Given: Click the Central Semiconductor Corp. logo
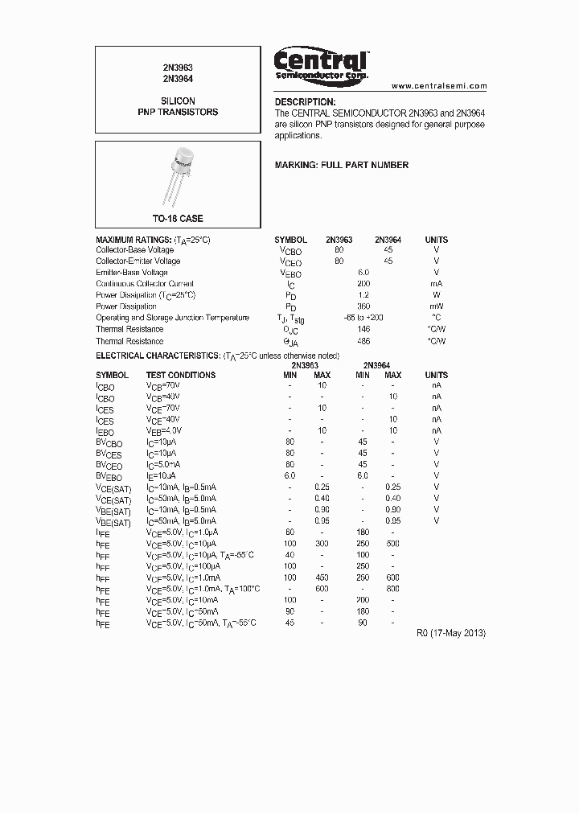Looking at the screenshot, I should (x=322, y=64).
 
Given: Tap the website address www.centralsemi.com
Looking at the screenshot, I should (x=439, y=85).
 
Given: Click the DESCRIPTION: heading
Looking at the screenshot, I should (x=305, y=102).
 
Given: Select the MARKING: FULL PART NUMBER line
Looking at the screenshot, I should (x=341, y=165).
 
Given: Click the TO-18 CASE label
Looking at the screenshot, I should (x=178, y=219).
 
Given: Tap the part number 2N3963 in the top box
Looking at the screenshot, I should (x=178, y=68).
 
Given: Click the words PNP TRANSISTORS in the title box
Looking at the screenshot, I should (x=178, y=113).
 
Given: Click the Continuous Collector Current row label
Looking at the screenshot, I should (x=145, y=284).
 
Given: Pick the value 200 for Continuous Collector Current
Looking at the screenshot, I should (x=363, y=284).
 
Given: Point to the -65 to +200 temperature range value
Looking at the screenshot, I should (x=363, y=318).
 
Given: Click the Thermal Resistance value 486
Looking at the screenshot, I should (x=363, y=341).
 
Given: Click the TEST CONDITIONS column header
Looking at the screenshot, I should (x=180, y=375).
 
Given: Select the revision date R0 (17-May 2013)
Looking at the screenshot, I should (x=450, y=633).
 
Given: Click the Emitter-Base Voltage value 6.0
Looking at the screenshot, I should (x=363, y=273).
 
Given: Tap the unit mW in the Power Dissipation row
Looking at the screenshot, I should (x=436, y=306).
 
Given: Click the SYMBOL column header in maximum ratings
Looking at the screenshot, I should (x=290, y=240).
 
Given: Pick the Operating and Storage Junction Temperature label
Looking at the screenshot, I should (x=172, y=318).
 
